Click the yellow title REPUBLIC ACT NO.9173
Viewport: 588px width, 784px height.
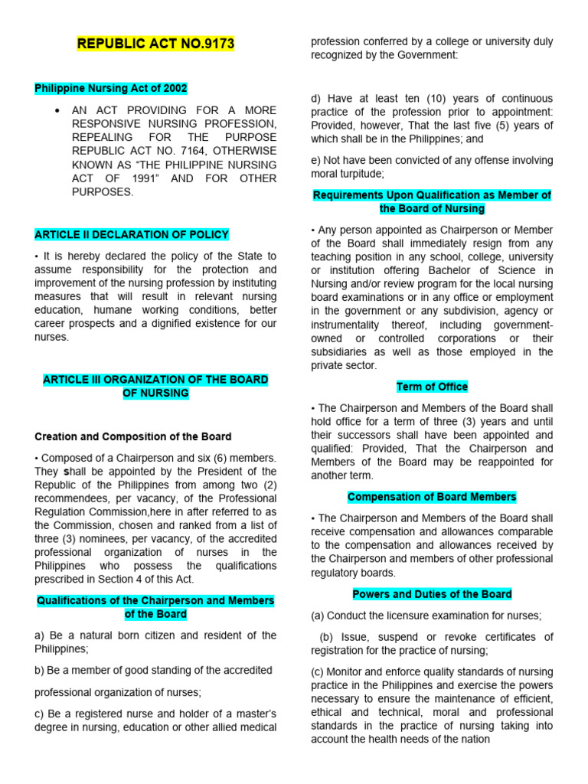155,44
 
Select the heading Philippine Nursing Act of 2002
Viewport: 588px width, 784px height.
111,89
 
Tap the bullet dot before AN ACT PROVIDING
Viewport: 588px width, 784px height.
57,110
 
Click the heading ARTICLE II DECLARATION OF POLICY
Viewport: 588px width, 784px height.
132,234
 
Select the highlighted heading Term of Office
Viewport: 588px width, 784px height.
432,387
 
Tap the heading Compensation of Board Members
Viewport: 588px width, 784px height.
432,497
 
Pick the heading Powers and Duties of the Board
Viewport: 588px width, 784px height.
432,594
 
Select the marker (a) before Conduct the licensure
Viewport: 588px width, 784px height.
318,616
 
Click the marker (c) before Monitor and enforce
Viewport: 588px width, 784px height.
318,671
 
